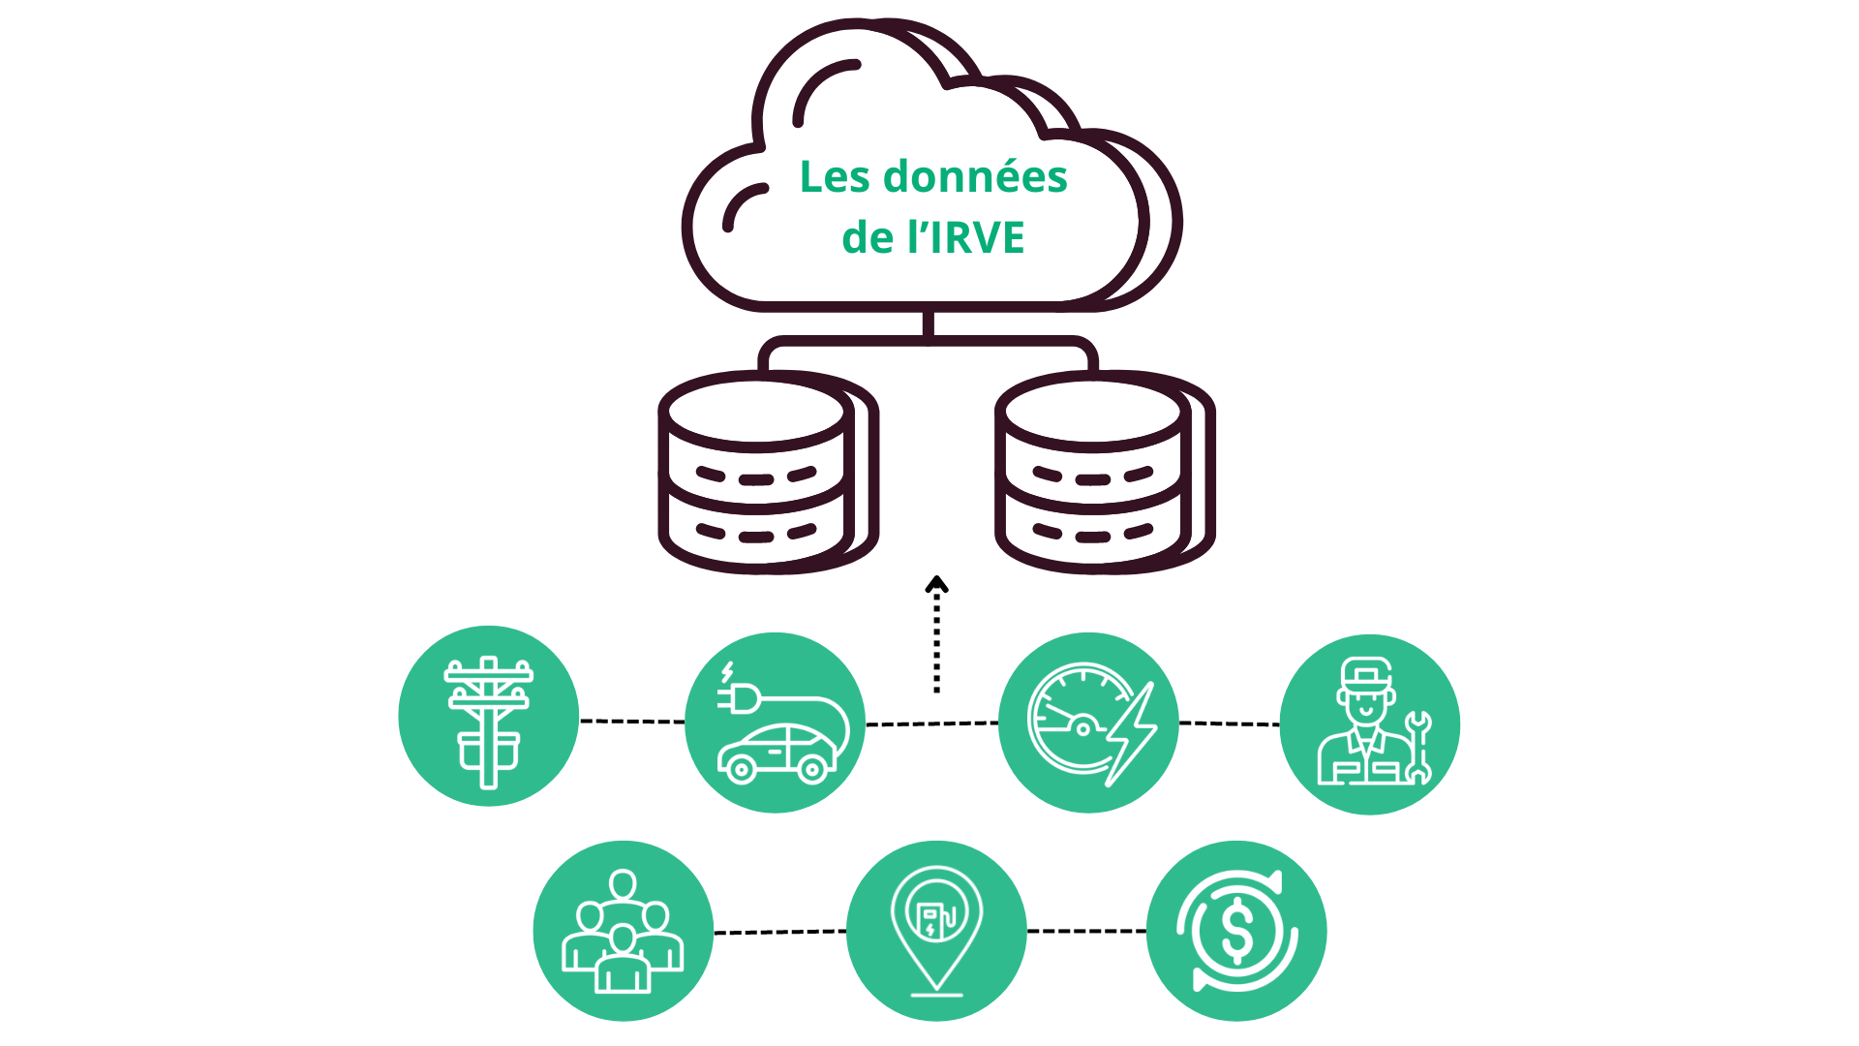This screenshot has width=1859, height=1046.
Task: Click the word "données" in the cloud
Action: coord(975,177)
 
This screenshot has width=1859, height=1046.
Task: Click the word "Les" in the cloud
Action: coord(835,177)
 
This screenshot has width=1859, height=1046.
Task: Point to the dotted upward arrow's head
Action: coord(936,584)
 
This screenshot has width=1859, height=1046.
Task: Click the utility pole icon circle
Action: coord(489,717)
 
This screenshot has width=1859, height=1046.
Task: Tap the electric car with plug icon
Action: coord(775,723)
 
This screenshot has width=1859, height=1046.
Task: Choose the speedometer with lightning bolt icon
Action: coord(1088,723)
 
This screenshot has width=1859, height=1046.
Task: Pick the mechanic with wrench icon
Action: coord(1369,724)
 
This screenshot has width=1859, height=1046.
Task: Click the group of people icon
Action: coord(623,931)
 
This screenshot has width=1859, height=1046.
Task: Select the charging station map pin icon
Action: coord(936,931)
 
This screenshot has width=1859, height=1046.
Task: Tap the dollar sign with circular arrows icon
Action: coord(1236,931)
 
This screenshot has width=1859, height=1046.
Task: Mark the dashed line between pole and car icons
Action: coord(631,722)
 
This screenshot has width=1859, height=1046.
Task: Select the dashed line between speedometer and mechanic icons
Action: coord(1229,723)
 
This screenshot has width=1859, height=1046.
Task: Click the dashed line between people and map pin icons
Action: coord(779,932)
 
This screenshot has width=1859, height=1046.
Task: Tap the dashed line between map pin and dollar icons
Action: coord(1086,931)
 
